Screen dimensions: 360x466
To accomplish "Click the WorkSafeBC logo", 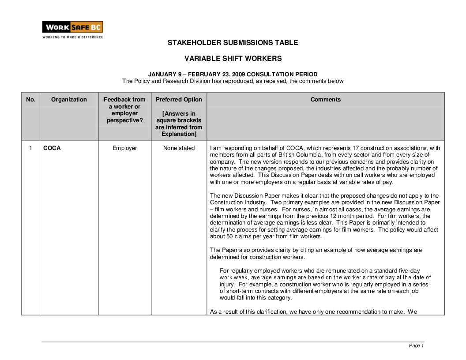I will pyautogui.click(x=72, y=27).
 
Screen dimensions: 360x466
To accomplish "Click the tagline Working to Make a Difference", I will pyautogui.click(x=72, y=37).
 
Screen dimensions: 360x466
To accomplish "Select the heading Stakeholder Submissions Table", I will pyautogui.click(x=233, y=43).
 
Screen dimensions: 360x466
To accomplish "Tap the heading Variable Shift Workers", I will pyautogui.click(x=233, y=58).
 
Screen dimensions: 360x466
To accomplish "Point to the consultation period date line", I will pyautogui.click(x=233, y=74).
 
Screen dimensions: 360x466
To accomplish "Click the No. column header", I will pyautogui.click(x=30, y=100).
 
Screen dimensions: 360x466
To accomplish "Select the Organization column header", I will pyautogui.click(x=69, y=100).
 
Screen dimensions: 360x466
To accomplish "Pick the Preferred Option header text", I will pyautogui.click(x=179, y=100).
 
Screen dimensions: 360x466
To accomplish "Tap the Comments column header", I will pyautogui.click(x=325, y=100).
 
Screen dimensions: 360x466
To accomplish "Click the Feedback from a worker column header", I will pyautogui.click(x=124, y=110).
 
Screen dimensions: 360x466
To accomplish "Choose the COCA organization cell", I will pyautogui.click(x=52, y=148).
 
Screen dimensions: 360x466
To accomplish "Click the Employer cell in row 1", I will pyautogui.click(x=124, y=148).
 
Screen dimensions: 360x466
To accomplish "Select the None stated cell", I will pyautogui.click(x=179, y=148).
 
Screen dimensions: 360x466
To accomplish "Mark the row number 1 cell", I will pyautogui.click(x=30, y=148).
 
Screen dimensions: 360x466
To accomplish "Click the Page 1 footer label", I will pyautogui.click(x=416, y=345).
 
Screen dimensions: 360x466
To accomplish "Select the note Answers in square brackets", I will pyautogui.click(x=179, y=124).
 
